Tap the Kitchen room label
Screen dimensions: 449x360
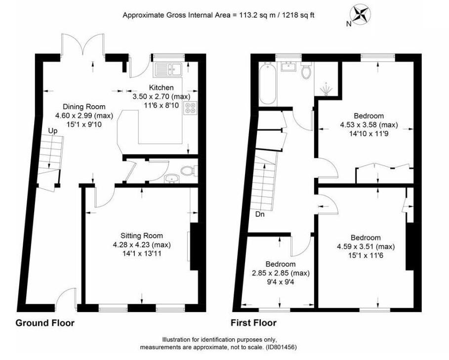point(161,87)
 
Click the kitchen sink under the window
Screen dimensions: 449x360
point(169,70)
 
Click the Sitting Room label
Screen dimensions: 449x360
point(141,236)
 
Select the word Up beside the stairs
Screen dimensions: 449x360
point(53,131)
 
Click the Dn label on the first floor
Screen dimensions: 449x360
point(260,214)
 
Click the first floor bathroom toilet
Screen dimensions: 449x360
point(306,71)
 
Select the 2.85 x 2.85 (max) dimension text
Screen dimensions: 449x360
point(281,273)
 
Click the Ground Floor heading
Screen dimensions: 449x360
point(44,323)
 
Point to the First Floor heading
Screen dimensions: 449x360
point(254,323)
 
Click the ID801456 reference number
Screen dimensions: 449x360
point(281,348)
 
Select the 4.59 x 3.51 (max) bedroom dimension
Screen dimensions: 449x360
point(366,246)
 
